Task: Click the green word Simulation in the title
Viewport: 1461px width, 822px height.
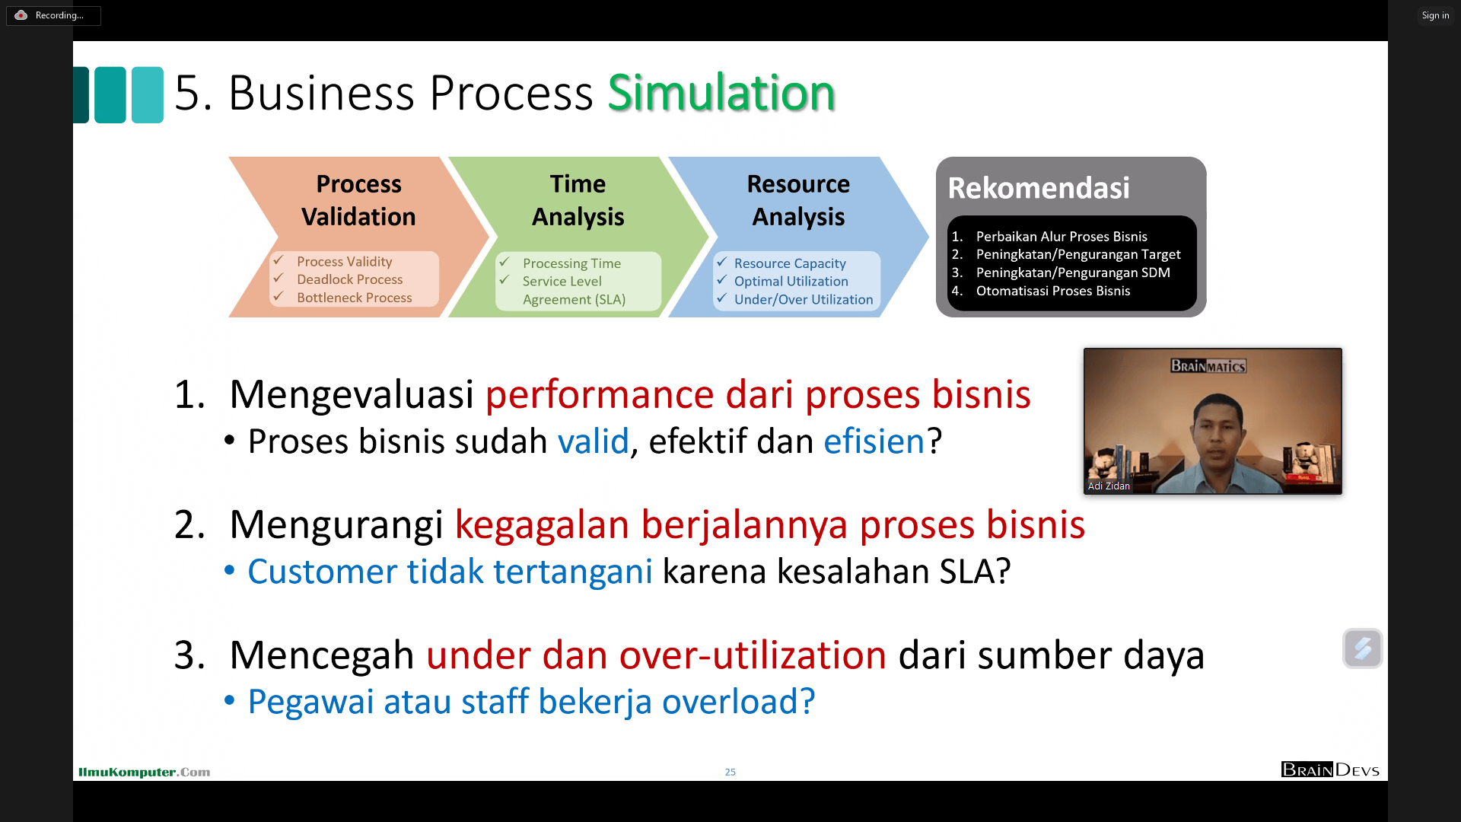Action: click(x=721, y=93)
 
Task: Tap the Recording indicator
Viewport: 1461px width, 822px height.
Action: click(x=53, y=15)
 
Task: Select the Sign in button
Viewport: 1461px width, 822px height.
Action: click(x=1435, y=15)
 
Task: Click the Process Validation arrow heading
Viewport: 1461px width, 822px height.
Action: click(x=358, y=200)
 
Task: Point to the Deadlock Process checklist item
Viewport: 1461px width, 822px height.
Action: click(x=349, y=279)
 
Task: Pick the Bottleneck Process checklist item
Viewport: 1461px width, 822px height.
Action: click(x=354, y=298)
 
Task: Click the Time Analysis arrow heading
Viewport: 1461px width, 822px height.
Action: click(x=578, y=200)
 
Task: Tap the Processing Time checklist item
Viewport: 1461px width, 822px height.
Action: click(x=571, y=263)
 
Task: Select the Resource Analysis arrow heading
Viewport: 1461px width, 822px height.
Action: click(x=798, y=200)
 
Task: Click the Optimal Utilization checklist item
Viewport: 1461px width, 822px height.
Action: click(x=791, y=281)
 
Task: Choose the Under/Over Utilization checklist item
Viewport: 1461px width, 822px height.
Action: click(x=804, y=300)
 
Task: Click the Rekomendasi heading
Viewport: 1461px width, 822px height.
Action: click(x=1039, y=188)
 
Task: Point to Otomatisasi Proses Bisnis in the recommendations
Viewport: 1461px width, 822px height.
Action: click(x=1053, y=291)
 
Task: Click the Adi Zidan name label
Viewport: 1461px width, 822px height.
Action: click(x=1109, y=486)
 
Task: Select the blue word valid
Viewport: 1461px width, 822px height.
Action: click(x=594, y=441)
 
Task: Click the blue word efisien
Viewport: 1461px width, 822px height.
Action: click(x=874, y=441)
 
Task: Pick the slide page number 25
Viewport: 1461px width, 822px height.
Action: click(x=730, y=772)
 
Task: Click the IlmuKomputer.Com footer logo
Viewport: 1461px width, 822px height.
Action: click(x=144, y=772)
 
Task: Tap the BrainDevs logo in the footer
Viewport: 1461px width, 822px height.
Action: click(x=1330, y=769)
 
